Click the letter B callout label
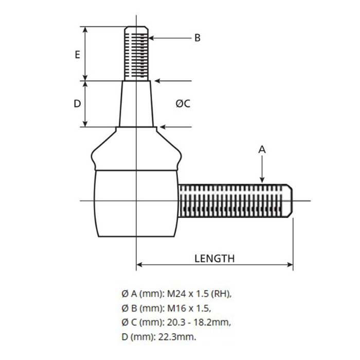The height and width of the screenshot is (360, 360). pos(197,38)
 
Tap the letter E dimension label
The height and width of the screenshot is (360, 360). pos(78,55)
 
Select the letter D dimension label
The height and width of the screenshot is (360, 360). pos(77,104)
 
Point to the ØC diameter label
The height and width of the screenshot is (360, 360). pos(183,104)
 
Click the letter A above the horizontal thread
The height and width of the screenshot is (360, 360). pos(262,150)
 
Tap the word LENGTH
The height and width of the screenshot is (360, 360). pos(214,259)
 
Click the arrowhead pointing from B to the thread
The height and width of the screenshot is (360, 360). pos(151,38)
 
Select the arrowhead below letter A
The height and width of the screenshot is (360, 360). pos(262,181)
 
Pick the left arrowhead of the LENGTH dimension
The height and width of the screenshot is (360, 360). pos(139,265)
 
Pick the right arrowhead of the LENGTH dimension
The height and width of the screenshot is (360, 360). pos(290,265)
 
